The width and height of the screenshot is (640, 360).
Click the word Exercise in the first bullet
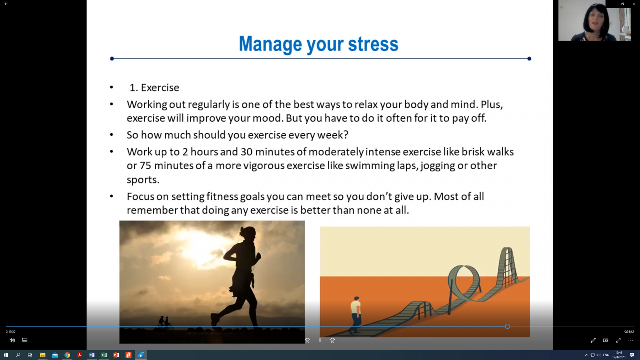coord(160,87)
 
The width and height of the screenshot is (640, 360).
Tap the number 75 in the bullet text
coord(145,166)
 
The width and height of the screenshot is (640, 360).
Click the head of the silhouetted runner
coord(248,233)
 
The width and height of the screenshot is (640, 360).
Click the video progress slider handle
coord(507,326)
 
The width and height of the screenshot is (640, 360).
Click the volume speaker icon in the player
coord(12,340)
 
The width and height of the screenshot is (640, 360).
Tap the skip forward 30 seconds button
coord(332,340)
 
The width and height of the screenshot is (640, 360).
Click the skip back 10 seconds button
coord(308,340)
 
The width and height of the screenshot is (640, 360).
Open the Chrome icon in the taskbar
coord(67,355)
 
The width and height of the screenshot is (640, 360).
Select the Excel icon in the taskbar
coord(104,355)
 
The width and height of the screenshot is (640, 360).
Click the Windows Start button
coord(6,355)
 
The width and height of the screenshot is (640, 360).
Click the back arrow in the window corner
coord(6,4)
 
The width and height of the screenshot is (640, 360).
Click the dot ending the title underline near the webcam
coord(529,59)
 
